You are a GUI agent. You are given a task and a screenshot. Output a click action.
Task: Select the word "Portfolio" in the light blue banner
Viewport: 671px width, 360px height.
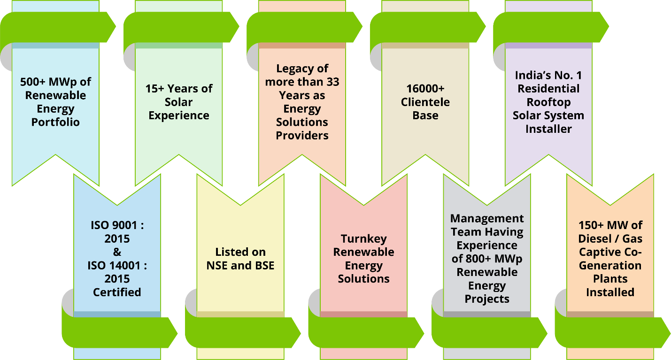(x=55, y=122)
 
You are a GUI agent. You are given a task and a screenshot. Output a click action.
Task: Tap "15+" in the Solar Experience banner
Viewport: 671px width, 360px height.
(x=156, y=89)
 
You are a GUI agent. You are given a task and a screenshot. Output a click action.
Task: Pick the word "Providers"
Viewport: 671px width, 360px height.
(x=302, y=136)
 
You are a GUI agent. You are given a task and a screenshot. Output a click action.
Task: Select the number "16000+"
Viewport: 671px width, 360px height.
(x=425, y=89)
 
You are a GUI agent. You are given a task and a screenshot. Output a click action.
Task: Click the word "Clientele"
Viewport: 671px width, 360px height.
(x=425, y=102)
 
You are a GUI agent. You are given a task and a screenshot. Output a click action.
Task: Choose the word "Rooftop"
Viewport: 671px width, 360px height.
(x=548, y=102)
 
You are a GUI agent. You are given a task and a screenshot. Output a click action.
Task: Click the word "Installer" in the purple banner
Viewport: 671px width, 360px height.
(x=548, y=129)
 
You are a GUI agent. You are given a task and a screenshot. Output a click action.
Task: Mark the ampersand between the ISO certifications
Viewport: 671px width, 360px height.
(x=117, y=252)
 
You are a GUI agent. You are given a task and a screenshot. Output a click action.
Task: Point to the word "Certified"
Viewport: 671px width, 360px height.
(x=117, y=292)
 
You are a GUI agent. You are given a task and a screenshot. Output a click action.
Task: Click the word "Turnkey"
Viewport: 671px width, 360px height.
(x=364, y=238)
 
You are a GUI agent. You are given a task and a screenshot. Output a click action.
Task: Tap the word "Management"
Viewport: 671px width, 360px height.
(x=487, y=219)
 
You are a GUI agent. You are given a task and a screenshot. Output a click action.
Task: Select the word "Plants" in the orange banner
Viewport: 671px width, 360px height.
(x=610, y=279)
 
